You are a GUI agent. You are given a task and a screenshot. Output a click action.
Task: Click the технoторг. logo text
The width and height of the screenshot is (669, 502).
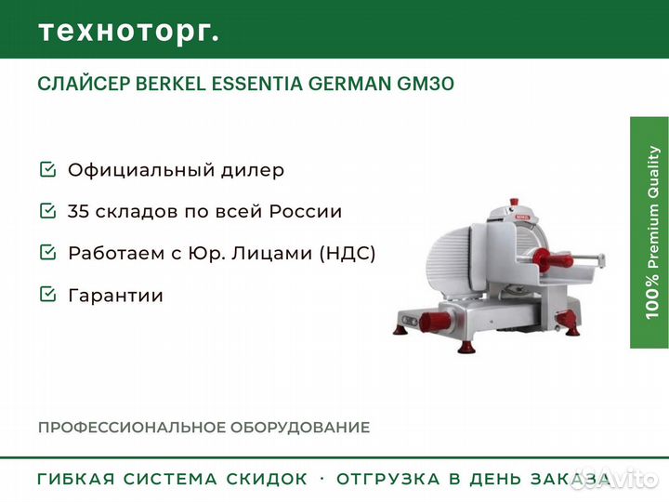128,31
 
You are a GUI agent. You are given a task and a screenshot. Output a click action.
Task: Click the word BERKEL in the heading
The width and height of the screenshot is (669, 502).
174,84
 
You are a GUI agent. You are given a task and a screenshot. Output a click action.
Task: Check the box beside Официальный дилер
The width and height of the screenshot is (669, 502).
46,170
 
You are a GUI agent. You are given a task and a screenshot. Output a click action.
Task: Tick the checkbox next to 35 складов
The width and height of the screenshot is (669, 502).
46,212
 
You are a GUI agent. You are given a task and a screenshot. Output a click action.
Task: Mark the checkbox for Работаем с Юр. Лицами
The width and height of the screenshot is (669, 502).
46,253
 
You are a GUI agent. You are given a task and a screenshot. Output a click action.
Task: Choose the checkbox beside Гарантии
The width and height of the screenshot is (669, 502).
46,296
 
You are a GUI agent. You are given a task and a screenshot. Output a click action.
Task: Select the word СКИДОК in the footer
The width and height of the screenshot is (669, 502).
267,480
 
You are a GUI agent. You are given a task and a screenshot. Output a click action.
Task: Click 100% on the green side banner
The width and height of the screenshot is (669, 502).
653,296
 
